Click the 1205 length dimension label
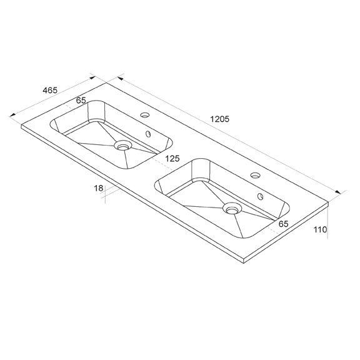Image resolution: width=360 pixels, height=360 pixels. tap(220, 119)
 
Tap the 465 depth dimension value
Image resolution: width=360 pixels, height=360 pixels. tap(50, 90)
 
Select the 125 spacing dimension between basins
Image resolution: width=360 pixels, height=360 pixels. tap(172, 158)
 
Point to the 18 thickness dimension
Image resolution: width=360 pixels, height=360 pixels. tap(99, 188)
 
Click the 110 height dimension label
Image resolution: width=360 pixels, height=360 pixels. tap(320, 229)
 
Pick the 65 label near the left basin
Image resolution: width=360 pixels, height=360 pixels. tap(81, 101)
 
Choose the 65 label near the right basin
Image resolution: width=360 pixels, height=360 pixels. tap(283, 224)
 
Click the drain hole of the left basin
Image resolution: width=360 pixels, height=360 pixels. tap(123, 146)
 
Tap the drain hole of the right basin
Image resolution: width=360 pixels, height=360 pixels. tap(232, 208)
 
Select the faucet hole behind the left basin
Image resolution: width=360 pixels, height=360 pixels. tap(145, 114)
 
